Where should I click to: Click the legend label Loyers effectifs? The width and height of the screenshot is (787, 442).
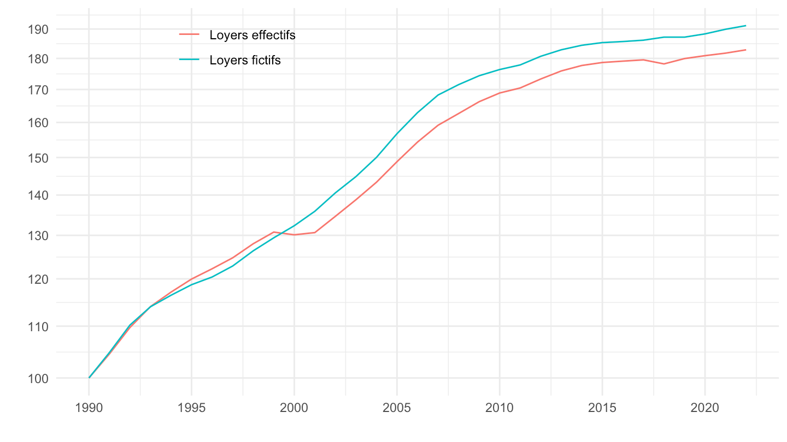point(252,35)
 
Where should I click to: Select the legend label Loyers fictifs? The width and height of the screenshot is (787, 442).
point(245,60)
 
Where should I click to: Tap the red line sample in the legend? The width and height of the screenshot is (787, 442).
point(190,35)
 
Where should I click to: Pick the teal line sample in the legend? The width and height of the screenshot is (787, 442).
point(190,59)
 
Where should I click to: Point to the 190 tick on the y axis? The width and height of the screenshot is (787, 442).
point(39,29)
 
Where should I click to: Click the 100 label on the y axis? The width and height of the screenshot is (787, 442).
point(39,378)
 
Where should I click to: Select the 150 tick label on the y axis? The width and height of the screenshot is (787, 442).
point(39,158)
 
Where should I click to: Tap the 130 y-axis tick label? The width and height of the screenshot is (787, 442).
point(39,236)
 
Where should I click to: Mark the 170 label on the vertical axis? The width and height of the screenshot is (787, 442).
point(39,89)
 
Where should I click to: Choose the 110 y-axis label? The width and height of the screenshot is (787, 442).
point(39,326)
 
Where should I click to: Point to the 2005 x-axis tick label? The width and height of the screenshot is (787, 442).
point(397,409)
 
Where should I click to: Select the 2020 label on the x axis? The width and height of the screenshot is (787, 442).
point(704,409)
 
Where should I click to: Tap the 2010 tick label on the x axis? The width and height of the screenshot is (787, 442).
point(500,409)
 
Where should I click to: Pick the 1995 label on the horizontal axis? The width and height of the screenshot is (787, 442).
point(191,409)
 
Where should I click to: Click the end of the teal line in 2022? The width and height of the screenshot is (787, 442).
point(745,26)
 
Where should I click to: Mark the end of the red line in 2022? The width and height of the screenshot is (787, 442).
point(745,50)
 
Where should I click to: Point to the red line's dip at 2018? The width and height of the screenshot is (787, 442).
point(663,64)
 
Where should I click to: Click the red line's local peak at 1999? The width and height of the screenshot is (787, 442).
point(274,232)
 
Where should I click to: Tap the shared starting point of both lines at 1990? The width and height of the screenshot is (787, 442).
point(89,378)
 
